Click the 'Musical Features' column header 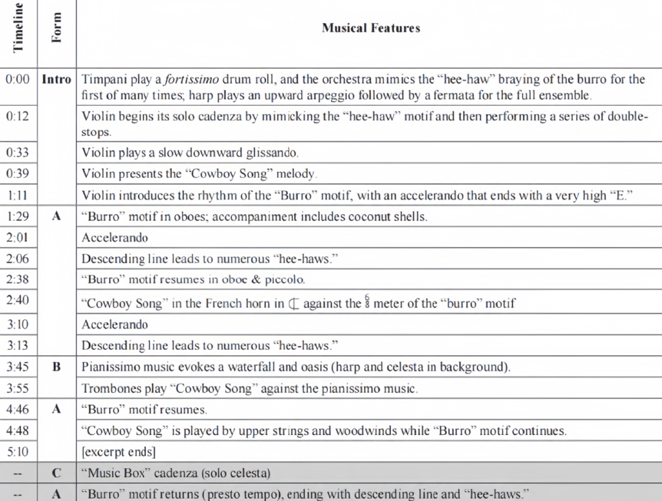point(371,28)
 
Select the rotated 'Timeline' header point(18,28)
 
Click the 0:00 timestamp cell point(18,80)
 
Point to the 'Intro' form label point(56,80)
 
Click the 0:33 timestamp point(18,153)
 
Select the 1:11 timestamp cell point(18,195)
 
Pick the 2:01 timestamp point(18,238)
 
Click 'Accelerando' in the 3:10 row point(115,324)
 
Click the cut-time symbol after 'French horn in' point(295,303)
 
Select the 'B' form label point(56,367)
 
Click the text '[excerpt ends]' point(118,453)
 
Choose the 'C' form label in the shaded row point(56,473)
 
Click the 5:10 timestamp point(18,453)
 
